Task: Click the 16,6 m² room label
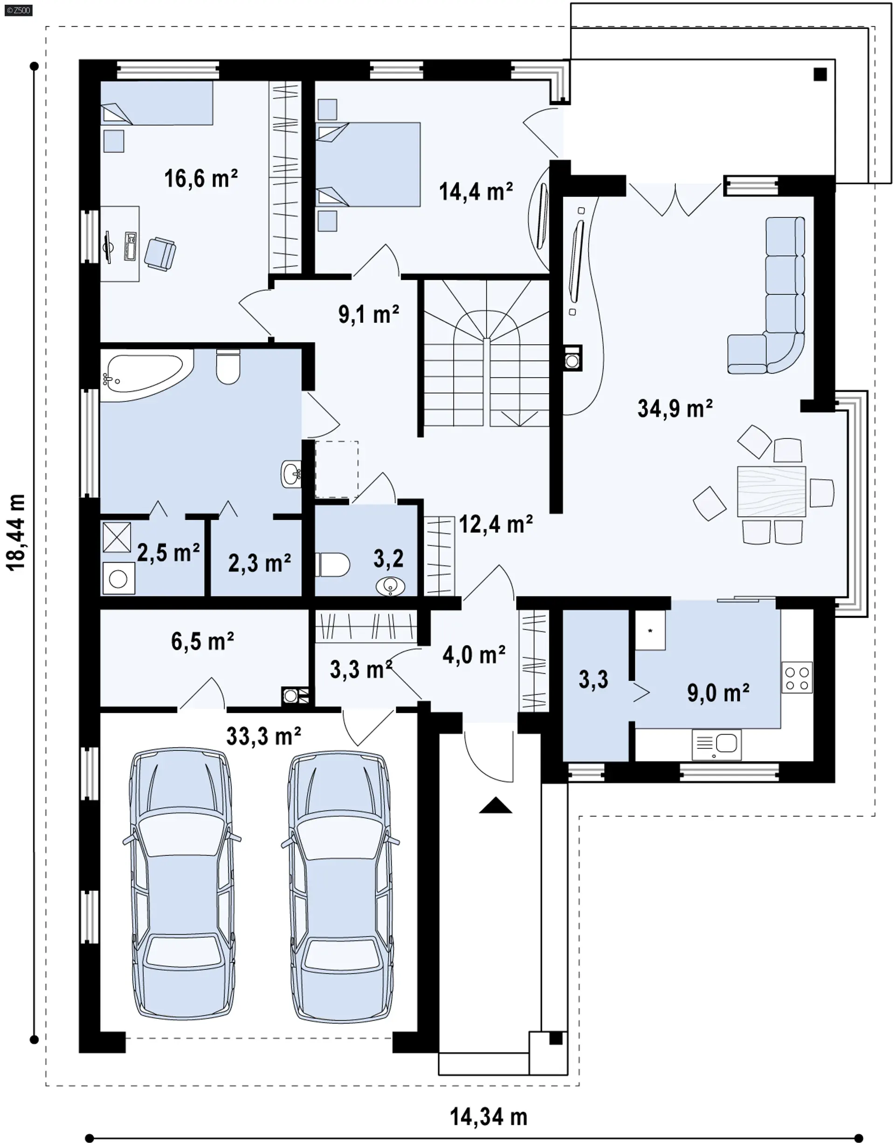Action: coord(201,179)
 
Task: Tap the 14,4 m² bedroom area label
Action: coord(476,192)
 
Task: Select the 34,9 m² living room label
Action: coord(675,408)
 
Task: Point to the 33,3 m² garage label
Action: coord(263,736)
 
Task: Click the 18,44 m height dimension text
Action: coord(16,532)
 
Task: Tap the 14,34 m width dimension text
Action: coord(489,1117)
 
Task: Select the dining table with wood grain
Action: coord(771,492)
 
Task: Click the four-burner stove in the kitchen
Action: coord(797,678)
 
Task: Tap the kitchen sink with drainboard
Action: coord(716,744)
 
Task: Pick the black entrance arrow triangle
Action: coord(495,805)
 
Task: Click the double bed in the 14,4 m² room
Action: coord(368,165)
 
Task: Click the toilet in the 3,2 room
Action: coord(333,565)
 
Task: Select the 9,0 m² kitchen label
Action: coord(718,693)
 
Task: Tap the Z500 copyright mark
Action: coord(18,10)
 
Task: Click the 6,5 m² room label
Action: coord(202,641)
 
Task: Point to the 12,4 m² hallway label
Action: coord(496,524)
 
